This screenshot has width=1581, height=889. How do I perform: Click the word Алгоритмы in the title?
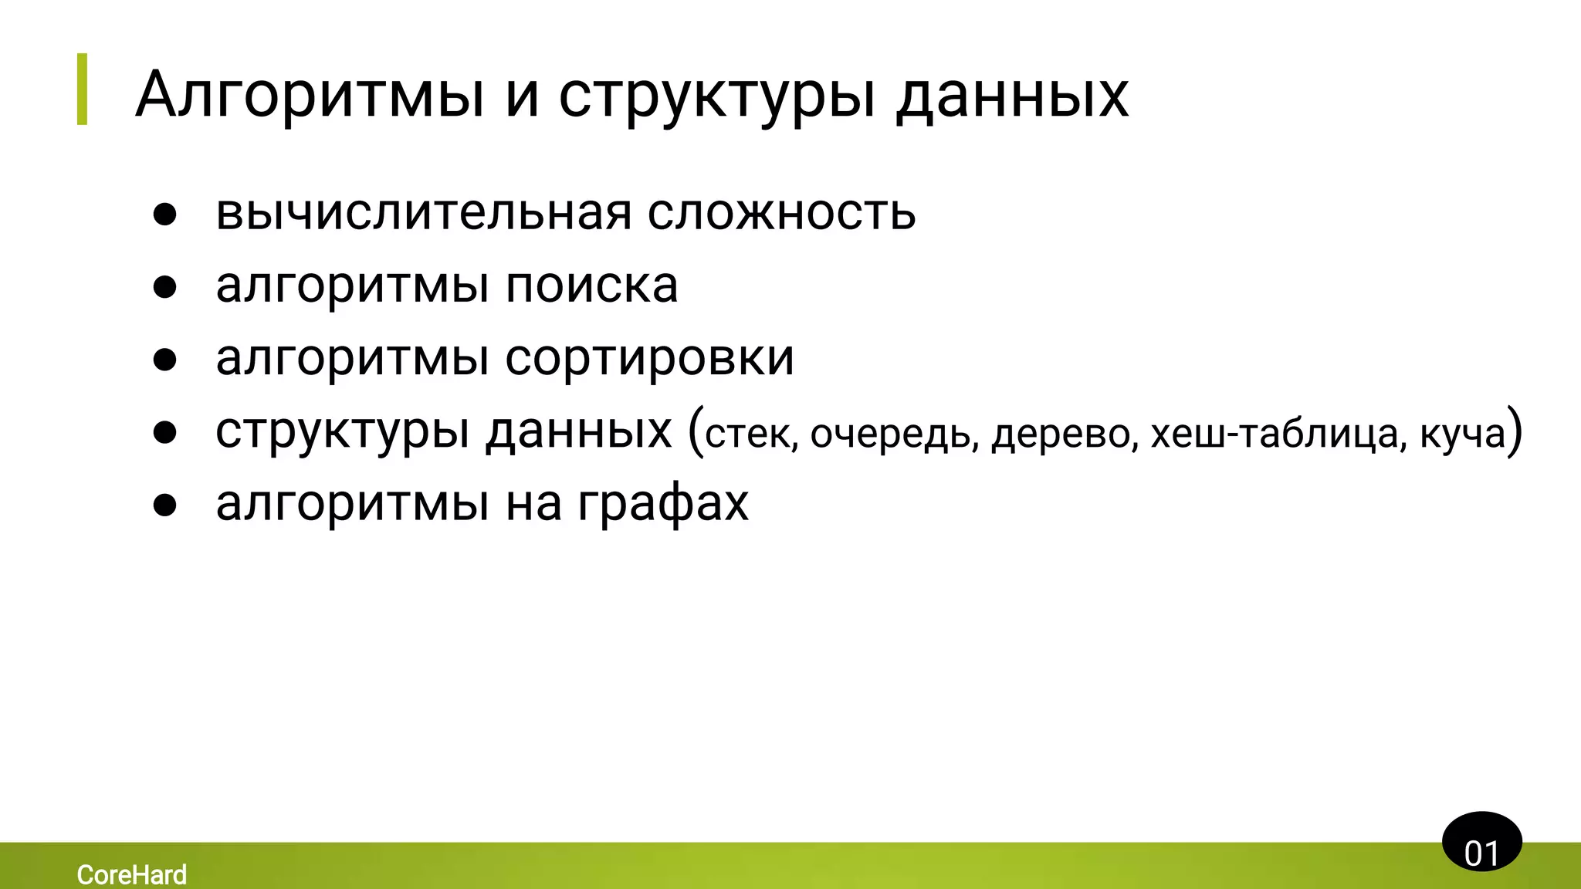pos(309,96)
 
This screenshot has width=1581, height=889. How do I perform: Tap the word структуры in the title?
pos(718,96)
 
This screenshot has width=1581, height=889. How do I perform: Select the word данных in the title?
pos(1012,96)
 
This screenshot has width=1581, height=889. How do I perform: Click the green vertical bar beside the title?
pos(83,89)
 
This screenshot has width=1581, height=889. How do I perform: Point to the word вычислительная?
pos(423,212)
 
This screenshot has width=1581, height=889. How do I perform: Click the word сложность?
pos(781,212)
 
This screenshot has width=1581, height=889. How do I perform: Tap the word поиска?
pos(591,285)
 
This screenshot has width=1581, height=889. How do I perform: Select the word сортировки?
pos(649,358)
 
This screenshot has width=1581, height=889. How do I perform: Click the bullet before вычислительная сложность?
pos(164,215)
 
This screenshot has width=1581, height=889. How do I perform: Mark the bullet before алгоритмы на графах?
pos(164,505)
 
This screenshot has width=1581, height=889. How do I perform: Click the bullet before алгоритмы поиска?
pos(164,287)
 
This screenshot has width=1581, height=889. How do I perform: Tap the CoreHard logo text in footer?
pos(131,874)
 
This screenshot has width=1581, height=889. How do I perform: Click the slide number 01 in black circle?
pos(1481,852)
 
